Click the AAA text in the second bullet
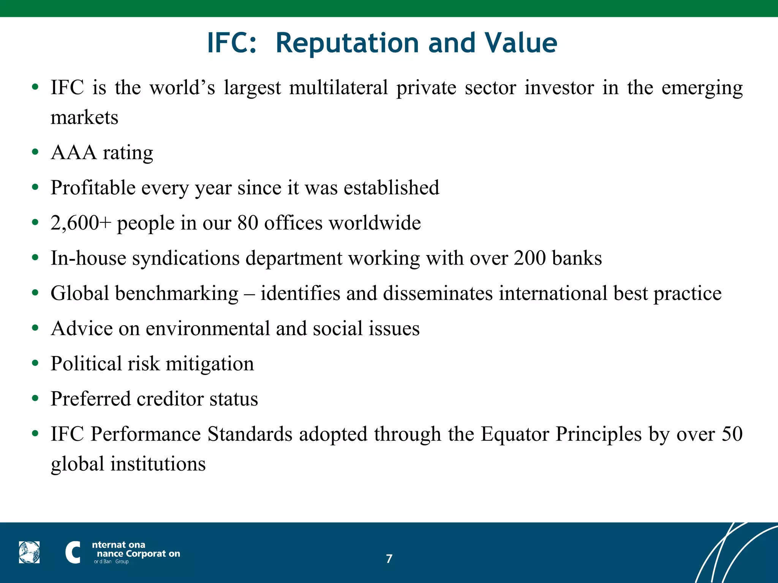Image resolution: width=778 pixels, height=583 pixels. tap(74, 153)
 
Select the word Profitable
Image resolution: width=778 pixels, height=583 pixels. tap(93, 188)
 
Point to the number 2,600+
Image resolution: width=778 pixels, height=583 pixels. tap(81, 223)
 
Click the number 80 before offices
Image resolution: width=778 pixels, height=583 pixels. tap(248, 223)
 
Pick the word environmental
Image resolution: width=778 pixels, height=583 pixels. tap(208, 328)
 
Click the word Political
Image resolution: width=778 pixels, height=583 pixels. tap(86, 364)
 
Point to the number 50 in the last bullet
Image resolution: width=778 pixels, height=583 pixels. tap(732, 434)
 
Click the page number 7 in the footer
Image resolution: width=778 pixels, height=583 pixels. tap(389, 559)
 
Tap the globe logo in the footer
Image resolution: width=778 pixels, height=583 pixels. tap(29, 552)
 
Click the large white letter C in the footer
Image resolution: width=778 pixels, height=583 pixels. tap(73, 552)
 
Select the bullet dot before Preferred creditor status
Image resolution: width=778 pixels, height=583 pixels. tap(35, 399)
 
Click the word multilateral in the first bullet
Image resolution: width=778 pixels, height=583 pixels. tap(338, 88)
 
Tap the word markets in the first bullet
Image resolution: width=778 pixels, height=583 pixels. tap(84, 118)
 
